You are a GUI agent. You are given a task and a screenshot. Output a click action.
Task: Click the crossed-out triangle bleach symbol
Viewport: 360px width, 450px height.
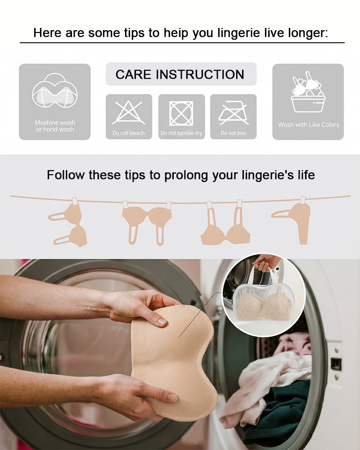point(129,113)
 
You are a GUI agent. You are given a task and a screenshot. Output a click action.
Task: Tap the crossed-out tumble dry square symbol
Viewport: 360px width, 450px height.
point(181,113)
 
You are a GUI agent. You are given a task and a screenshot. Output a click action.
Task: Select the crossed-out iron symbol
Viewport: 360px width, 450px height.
point(234,113)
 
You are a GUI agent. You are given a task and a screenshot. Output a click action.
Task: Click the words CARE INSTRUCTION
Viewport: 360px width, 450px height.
point(180,75)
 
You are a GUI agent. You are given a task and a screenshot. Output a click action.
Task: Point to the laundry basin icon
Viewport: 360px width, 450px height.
point(308,92)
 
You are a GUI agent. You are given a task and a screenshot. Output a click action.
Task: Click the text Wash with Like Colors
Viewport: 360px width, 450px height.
point(308,125)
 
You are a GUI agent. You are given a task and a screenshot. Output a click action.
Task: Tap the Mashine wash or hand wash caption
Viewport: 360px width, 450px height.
point(55,126)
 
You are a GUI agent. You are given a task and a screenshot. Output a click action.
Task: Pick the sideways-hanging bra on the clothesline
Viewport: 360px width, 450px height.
point(68,223)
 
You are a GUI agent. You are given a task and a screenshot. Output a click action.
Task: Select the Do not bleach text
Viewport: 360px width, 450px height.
point(129,133)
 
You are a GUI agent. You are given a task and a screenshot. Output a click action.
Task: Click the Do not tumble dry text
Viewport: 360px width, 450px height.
point(181,133)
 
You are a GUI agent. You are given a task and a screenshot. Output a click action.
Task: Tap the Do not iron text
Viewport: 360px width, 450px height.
point(233,133)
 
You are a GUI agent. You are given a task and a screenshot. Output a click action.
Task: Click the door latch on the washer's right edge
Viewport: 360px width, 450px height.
point(336,364)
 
